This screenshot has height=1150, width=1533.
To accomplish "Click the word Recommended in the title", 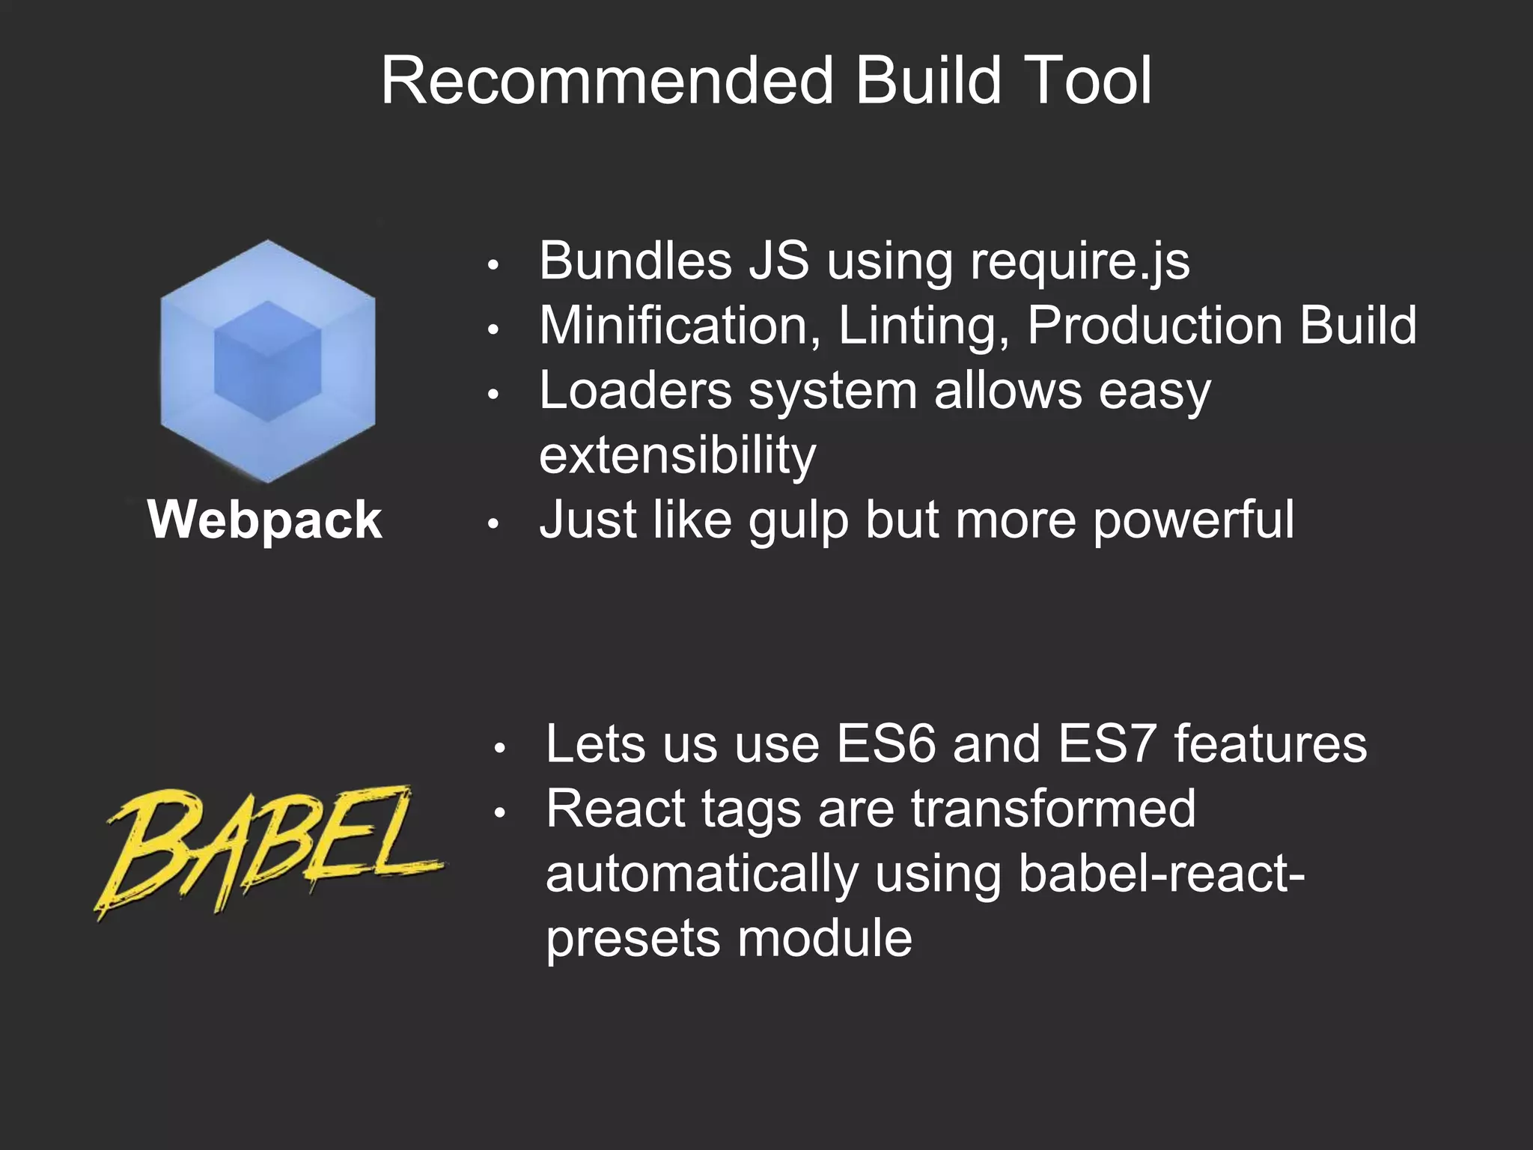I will pyautogui.click(x=607, y=81).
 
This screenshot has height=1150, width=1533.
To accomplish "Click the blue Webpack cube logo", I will pyautogui.click(x=267, y=361).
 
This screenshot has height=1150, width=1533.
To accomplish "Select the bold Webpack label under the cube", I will pyautogui.click(x=265, y=520).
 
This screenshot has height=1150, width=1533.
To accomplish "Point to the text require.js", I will pyautogui.click(x=1079, y=262).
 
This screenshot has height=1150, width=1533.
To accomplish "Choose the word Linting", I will pyautogui.click(x=923, y=327).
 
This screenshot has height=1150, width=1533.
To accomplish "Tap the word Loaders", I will pyautogui.click(x=635, y=391).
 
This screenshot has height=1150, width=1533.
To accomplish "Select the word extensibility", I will pyautogui.click(x=677, y=455).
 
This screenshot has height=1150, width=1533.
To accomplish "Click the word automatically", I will pyautogui.click(x=702, y=874).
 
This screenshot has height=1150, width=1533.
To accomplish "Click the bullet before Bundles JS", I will pyautogui.click(x=492, y=266).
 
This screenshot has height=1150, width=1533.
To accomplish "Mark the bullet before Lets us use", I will pyautogui.click(x=499, y=748).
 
